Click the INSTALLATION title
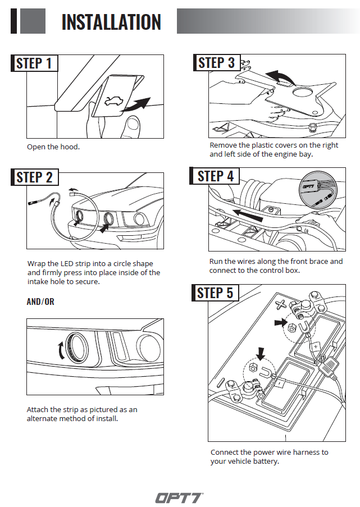click(111, 22)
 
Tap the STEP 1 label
click(34, 63)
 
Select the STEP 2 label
click(34, 177)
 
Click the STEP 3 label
click(216, 62)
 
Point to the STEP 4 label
click(216, 176)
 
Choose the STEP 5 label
click(215, 293)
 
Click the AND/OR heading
click(40, 302)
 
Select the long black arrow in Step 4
click(247, 214)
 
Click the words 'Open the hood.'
click(53, 147)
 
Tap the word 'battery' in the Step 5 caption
click(264, 462)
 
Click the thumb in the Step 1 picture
click(133, 126)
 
